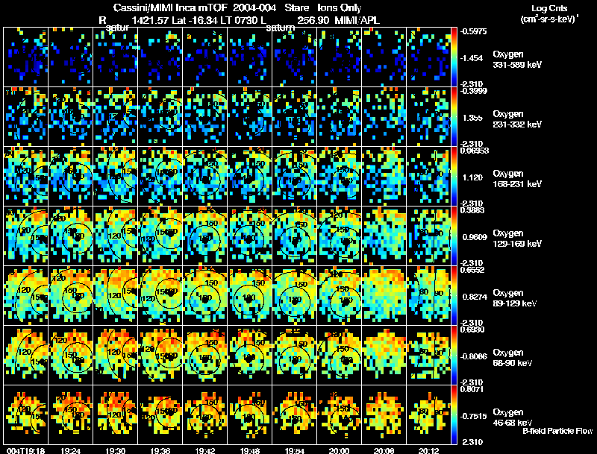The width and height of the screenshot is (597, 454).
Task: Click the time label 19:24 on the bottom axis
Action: (72, 450)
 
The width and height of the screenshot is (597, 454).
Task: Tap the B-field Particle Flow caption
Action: (557, 431)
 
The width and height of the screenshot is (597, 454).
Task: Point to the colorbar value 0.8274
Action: (475, 297)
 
